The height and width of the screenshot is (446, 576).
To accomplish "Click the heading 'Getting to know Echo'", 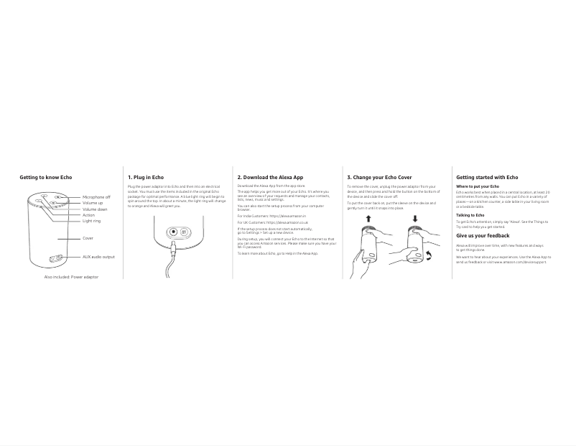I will pyautogui.click(x=46, y=178).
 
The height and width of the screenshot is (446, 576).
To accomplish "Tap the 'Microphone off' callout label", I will pyautogui.click(x=96, y=197).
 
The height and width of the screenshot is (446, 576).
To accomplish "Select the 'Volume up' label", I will pyautogui.click(x=93, y=203).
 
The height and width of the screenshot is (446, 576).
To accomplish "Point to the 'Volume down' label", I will pyautogui.click(x=95, y=209).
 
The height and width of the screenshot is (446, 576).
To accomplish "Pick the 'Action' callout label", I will pyautogui.click(x=88, y=215).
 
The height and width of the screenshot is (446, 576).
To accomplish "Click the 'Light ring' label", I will pyautogui.click(x=92, y=221).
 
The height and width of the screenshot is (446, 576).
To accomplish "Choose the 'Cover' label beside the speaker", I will pyautogui.click(x=88, y=238).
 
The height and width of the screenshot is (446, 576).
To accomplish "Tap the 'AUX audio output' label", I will pyautogui.click(x=98, y=257).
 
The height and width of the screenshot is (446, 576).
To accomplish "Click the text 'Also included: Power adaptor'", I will pyautogui.click(x=71, y=277).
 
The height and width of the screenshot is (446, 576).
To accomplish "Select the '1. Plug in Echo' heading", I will pyautogui.click(x=146, y=178).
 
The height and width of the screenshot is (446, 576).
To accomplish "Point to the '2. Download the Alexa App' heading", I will pyautogui.click(x=270, y=178).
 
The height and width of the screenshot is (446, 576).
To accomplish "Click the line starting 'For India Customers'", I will pyautogui.click(x=271, y=216).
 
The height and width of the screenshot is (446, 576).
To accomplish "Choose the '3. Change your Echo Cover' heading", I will pyautogui.click(x=379, y=178).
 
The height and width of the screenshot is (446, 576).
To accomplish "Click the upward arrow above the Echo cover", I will pyautogui.click(x=368, y=219).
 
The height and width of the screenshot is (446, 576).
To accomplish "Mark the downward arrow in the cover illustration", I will pyautogui.click(x=415, y=219).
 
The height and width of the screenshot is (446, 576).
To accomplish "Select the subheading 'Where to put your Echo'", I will pyautogui.click(x=478, y=186).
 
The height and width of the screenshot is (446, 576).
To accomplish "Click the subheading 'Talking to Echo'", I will pyautogui.click(x=470, y=215).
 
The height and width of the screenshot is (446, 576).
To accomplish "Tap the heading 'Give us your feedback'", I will pyautogui.click(x=483, y=236).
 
